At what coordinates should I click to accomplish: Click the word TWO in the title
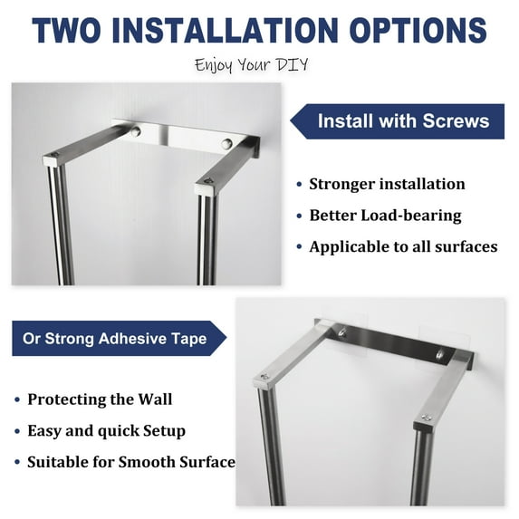pyautogui.click(x=66, y=30)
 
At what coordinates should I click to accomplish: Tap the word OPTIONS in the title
pyautogui.click(x=418, y=30)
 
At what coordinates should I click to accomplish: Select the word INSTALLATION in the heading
pyautogui.click(x=225, y=30)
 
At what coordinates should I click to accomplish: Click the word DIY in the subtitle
pyautogui.click(x=293, y=64)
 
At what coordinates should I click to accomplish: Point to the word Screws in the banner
pyautogui.click(x=456, y=120)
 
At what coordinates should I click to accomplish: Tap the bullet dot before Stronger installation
pyautogui.click(x=299, y=185)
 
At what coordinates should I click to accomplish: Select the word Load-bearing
pyautogui.click(x=411, y=216)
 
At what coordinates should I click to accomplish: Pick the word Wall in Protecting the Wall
pyautogui.click(x=155, y=399)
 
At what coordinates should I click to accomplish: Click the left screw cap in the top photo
pyautogui.click(x=136, y=131)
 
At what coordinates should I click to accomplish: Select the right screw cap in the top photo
pyautogui.click(x=226, y=143)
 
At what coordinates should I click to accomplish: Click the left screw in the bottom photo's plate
pyautogui.click(x=342, y=332)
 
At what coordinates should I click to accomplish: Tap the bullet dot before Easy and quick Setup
pyautogui.click(x=17, y=431)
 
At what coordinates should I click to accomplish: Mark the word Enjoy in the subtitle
pyautogui.click(x=213, y=65)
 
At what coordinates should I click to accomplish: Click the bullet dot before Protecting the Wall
pyautogui.click(x=17, y=399)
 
